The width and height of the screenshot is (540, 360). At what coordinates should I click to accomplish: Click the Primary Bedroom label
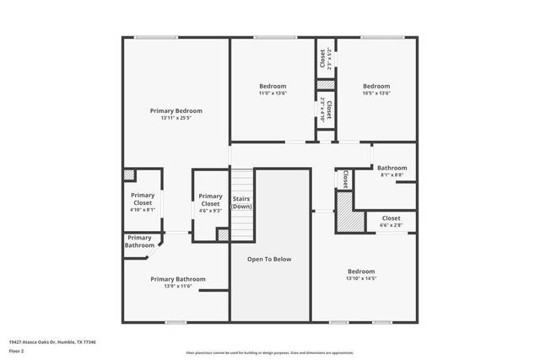click(x=176, y=110)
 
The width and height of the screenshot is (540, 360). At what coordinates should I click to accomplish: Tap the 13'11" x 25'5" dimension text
click(x=176, y=118)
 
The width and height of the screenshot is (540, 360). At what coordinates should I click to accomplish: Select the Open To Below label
click(x=269, y=259)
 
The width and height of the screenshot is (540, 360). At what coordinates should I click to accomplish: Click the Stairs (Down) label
click(x=242, y=202)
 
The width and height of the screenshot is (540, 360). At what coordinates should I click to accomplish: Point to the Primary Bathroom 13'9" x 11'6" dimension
click(x=177, y=287)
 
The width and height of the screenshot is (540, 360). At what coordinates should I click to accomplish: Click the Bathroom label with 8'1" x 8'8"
click(x=391, y=168)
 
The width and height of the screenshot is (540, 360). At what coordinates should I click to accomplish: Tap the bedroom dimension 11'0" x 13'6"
click(x=272, y=94)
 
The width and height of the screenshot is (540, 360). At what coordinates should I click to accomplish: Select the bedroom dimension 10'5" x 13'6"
click(x=376, y=94)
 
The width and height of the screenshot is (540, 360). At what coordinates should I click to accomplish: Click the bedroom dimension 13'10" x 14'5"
click(x=361, y=278)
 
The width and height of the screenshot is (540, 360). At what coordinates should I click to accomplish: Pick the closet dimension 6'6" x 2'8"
click(x=391, y=226)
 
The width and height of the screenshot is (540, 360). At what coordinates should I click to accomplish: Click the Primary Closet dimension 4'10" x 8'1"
click(x=143, y=210)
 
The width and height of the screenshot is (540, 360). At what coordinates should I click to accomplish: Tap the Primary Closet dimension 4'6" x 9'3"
click(x=210, y=211)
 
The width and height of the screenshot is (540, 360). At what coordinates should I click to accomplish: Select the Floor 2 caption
click(x=18, y=352)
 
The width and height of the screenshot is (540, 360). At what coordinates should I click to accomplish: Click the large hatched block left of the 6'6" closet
click(x=346, y=218)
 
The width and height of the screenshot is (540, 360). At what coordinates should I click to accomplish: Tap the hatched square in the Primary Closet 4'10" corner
click(x=129, y=175)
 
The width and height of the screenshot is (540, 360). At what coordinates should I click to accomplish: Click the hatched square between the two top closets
click(x=325, y=85)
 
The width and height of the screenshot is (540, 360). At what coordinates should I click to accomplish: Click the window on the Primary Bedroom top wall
click(x=150, y=37)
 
